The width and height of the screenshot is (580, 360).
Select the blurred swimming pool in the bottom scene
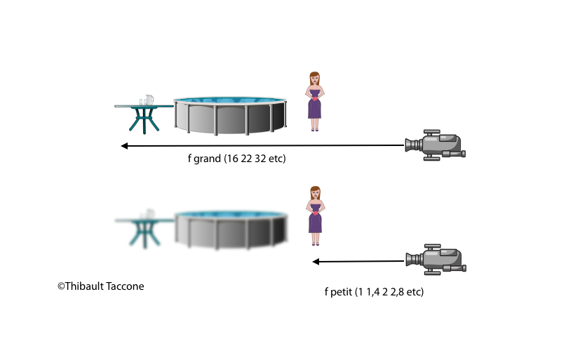(x=231, y=229)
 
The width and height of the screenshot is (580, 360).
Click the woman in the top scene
(x=315, y=102)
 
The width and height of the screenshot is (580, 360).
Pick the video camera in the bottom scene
(x=436, y=260)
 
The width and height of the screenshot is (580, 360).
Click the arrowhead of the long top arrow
(x=124, y=146)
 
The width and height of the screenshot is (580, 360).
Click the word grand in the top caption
(x=207, y=159)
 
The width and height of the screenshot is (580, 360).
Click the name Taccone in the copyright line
(x=123, y=286)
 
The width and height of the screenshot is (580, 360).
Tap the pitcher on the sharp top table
(x=149, y=100)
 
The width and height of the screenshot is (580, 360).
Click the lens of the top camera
(x=409, y=146)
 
